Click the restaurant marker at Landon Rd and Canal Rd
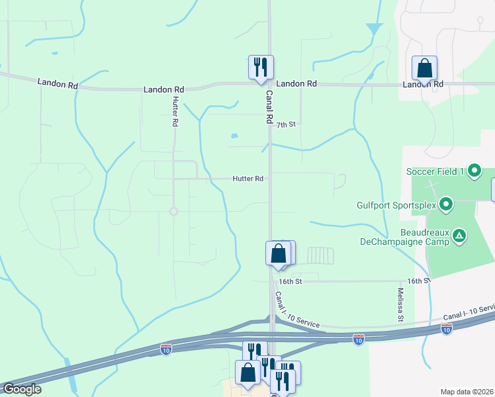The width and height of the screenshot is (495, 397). (261, 67)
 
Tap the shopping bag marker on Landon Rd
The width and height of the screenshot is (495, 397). (424, 68)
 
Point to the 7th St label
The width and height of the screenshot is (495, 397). (285, 124)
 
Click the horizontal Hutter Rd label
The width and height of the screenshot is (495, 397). (248, 179)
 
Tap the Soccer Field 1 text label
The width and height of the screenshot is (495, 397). (436, 172)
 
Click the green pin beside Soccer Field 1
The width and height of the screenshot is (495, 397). (474, 172)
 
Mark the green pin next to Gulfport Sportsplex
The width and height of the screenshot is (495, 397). (446, 204)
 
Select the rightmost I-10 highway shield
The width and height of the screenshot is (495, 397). (447, 328)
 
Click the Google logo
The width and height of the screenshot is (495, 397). (21, 389)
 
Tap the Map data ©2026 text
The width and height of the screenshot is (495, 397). (467, 392)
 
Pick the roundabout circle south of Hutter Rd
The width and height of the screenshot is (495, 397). (173, 212)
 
